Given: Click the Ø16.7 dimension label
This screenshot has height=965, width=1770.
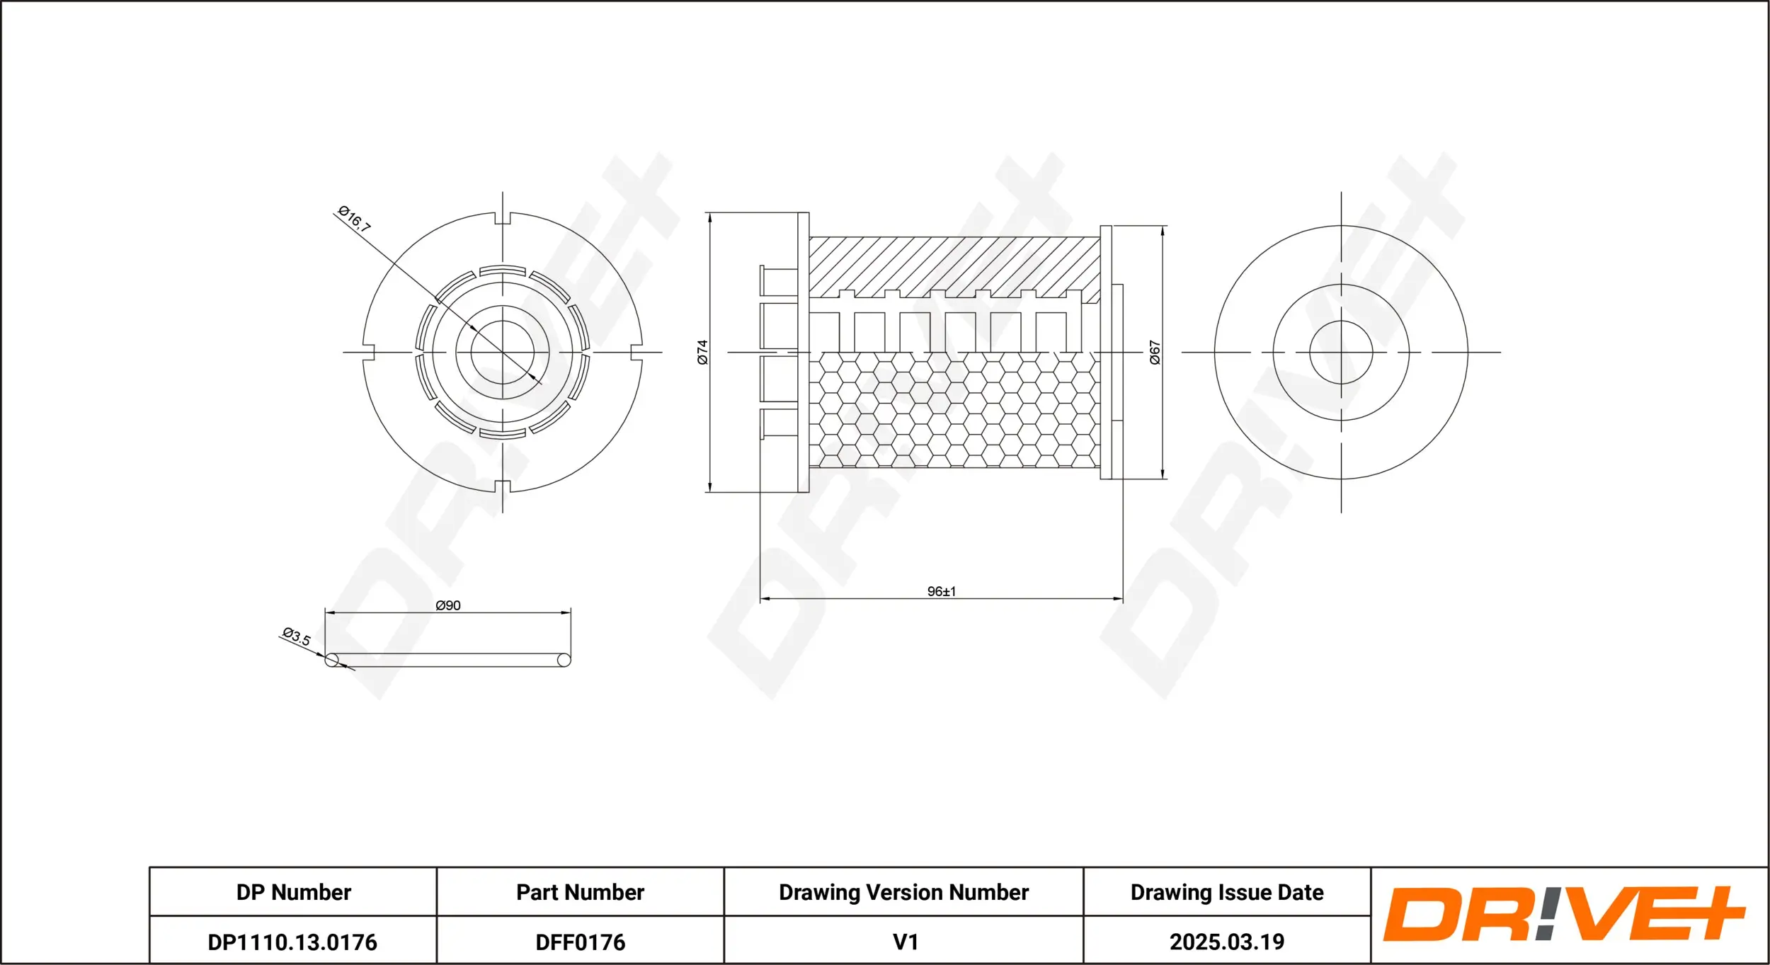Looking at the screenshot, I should [355, 219].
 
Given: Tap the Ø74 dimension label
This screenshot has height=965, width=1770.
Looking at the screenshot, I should [702, 352].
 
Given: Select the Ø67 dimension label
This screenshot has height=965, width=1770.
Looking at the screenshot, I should [1155, 352].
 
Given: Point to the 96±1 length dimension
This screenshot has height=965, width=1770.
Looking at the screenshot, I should [942, 591].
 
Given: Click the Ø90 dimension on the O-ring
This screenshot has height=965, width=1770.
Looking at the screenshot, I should [448, 605].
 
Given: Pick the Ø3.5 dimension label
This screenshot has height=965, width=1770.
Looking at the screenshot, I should [297, 636].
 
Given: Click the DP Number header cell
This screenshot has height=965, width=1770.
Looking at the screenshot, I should [293, 892].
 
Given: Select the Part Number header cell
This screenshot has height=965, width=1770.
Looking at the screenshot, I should [580, 892].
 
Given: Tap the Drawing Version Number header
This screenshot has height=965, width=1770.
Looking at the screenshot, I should [903, 892].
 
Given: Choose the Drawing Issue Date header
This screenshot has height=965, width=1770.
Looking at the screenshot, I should [1227, 892].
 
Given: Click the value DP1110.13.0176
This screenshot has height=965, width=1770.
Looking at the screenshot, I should [292, 942].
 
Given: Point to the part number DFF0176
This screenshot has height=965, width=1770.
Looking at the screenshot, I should [580, 942].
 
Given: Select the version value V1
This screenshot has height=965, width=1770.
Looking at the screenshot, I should [906, 942].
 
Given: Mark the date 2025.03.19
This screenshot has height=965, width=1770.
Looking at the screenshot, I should [1227, 942].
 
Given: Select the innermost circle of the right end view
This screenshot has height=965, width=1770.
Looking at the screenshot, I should [1341, 353].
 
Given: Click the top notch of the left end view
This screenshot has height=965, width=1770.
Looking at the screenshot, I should [503, 218].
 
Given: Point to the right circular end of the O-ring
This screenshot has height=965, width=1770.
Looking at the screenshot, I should [564, 661].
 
